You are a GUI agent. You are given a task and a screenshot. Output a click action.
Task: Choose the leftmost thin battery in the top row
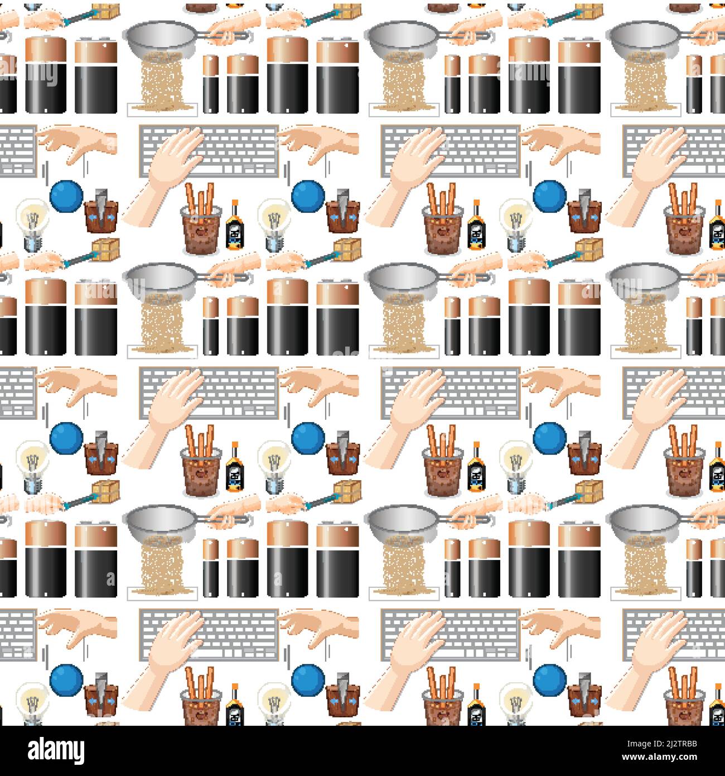[210, 84]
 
